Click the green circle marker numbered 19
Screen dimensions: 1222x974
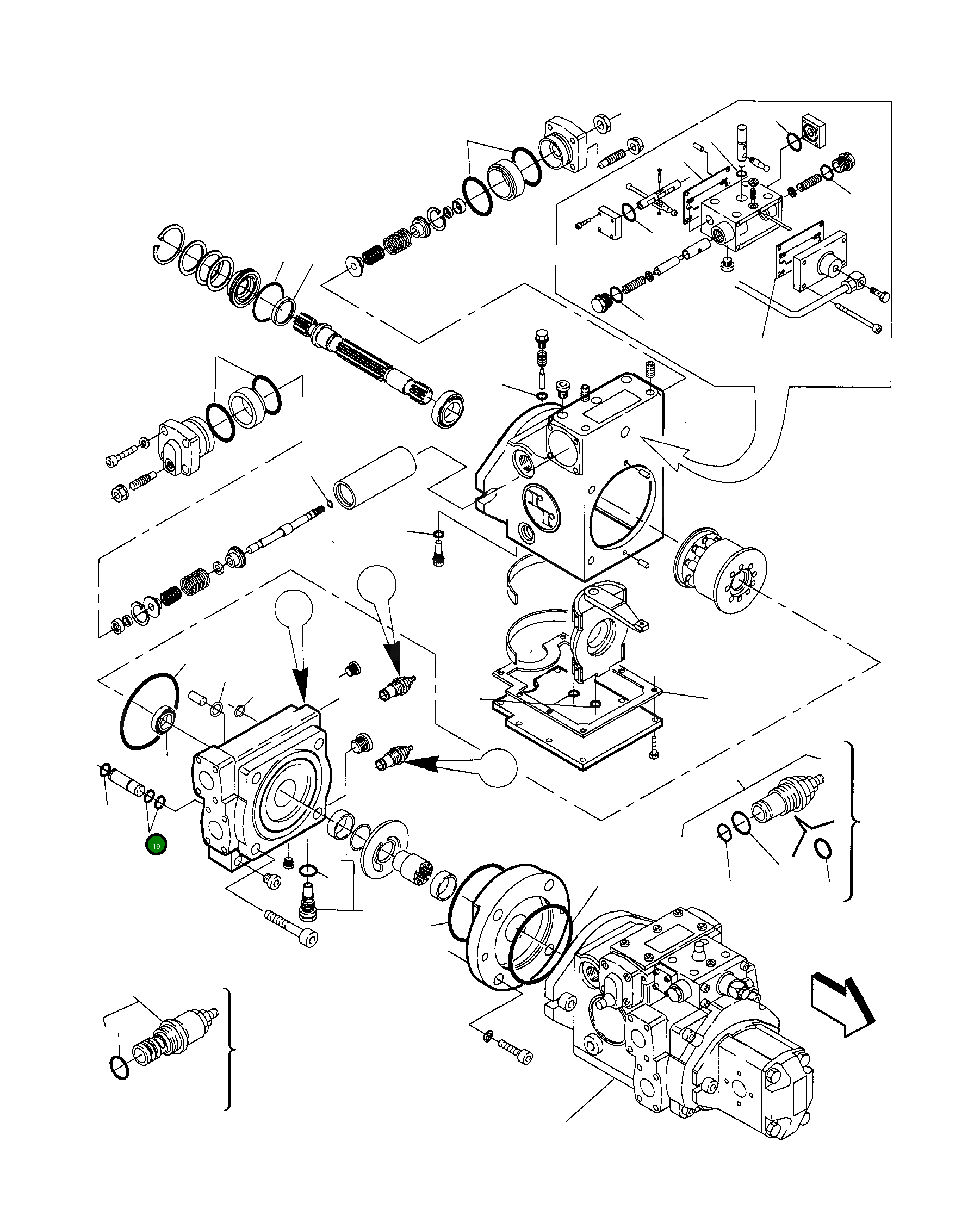156,845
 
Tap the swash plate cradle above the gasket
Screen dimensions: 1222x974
601,629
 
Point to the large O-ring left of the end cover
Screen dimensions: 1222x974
149,713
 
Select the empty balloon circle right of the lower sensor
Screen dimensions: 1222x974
498,767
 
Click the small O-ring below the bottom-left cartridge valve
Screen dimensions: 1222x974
120,1066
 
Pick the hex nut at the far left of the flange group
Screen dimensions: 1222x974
120,493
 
